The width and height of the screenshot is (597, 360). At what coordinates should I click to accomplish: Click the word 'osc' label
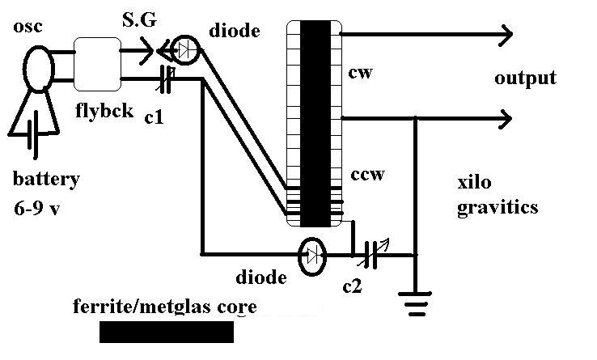[28, 27]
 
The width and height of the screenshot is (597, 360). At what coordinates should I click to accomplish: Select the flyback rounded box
[97, 64]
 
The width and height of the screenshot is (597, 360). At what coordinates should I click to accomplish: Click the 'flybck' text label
[104, 110]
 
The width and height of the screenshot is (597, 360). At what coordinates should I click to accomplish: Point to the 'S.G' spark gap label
[139, 19]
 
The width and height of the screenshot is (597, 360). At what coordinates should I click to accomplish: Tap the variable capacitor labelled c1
[166, 79]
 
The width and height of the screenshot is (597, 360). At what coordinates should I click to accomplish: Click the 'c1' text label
[155, 118]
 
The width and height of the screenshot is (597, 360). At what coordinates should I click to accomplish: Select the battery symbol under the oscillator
[33, 133]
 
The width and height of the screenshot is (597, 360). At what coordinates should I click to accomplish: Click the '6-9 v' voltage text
[37, 209]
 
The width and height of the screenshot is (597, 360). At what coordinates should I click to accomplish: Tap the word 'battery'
[46, 179]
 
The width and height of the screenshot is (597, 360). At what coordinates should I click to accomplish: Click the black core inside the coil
[315, 124]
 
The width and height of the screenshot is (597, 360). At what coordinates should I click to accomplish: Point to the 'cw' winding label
[360, 72]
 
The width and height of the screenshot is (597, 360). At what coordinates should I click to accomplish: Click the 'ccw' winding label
[367, 174]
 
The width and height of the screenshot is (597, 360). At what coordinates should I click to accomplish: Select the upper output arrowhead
[506, 35]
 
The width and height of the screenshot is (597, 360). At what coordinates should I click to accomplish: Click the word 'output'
[526, 78]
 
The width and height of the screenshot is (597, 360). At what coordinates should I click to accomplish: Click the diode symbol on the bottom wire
[312, 256]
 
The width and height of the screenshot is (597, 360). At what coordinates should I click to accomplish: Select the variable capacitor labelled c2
[371, 254]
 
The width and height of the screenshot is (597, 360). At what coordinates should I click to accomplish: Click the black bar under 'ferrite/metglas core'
[167, 332]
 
